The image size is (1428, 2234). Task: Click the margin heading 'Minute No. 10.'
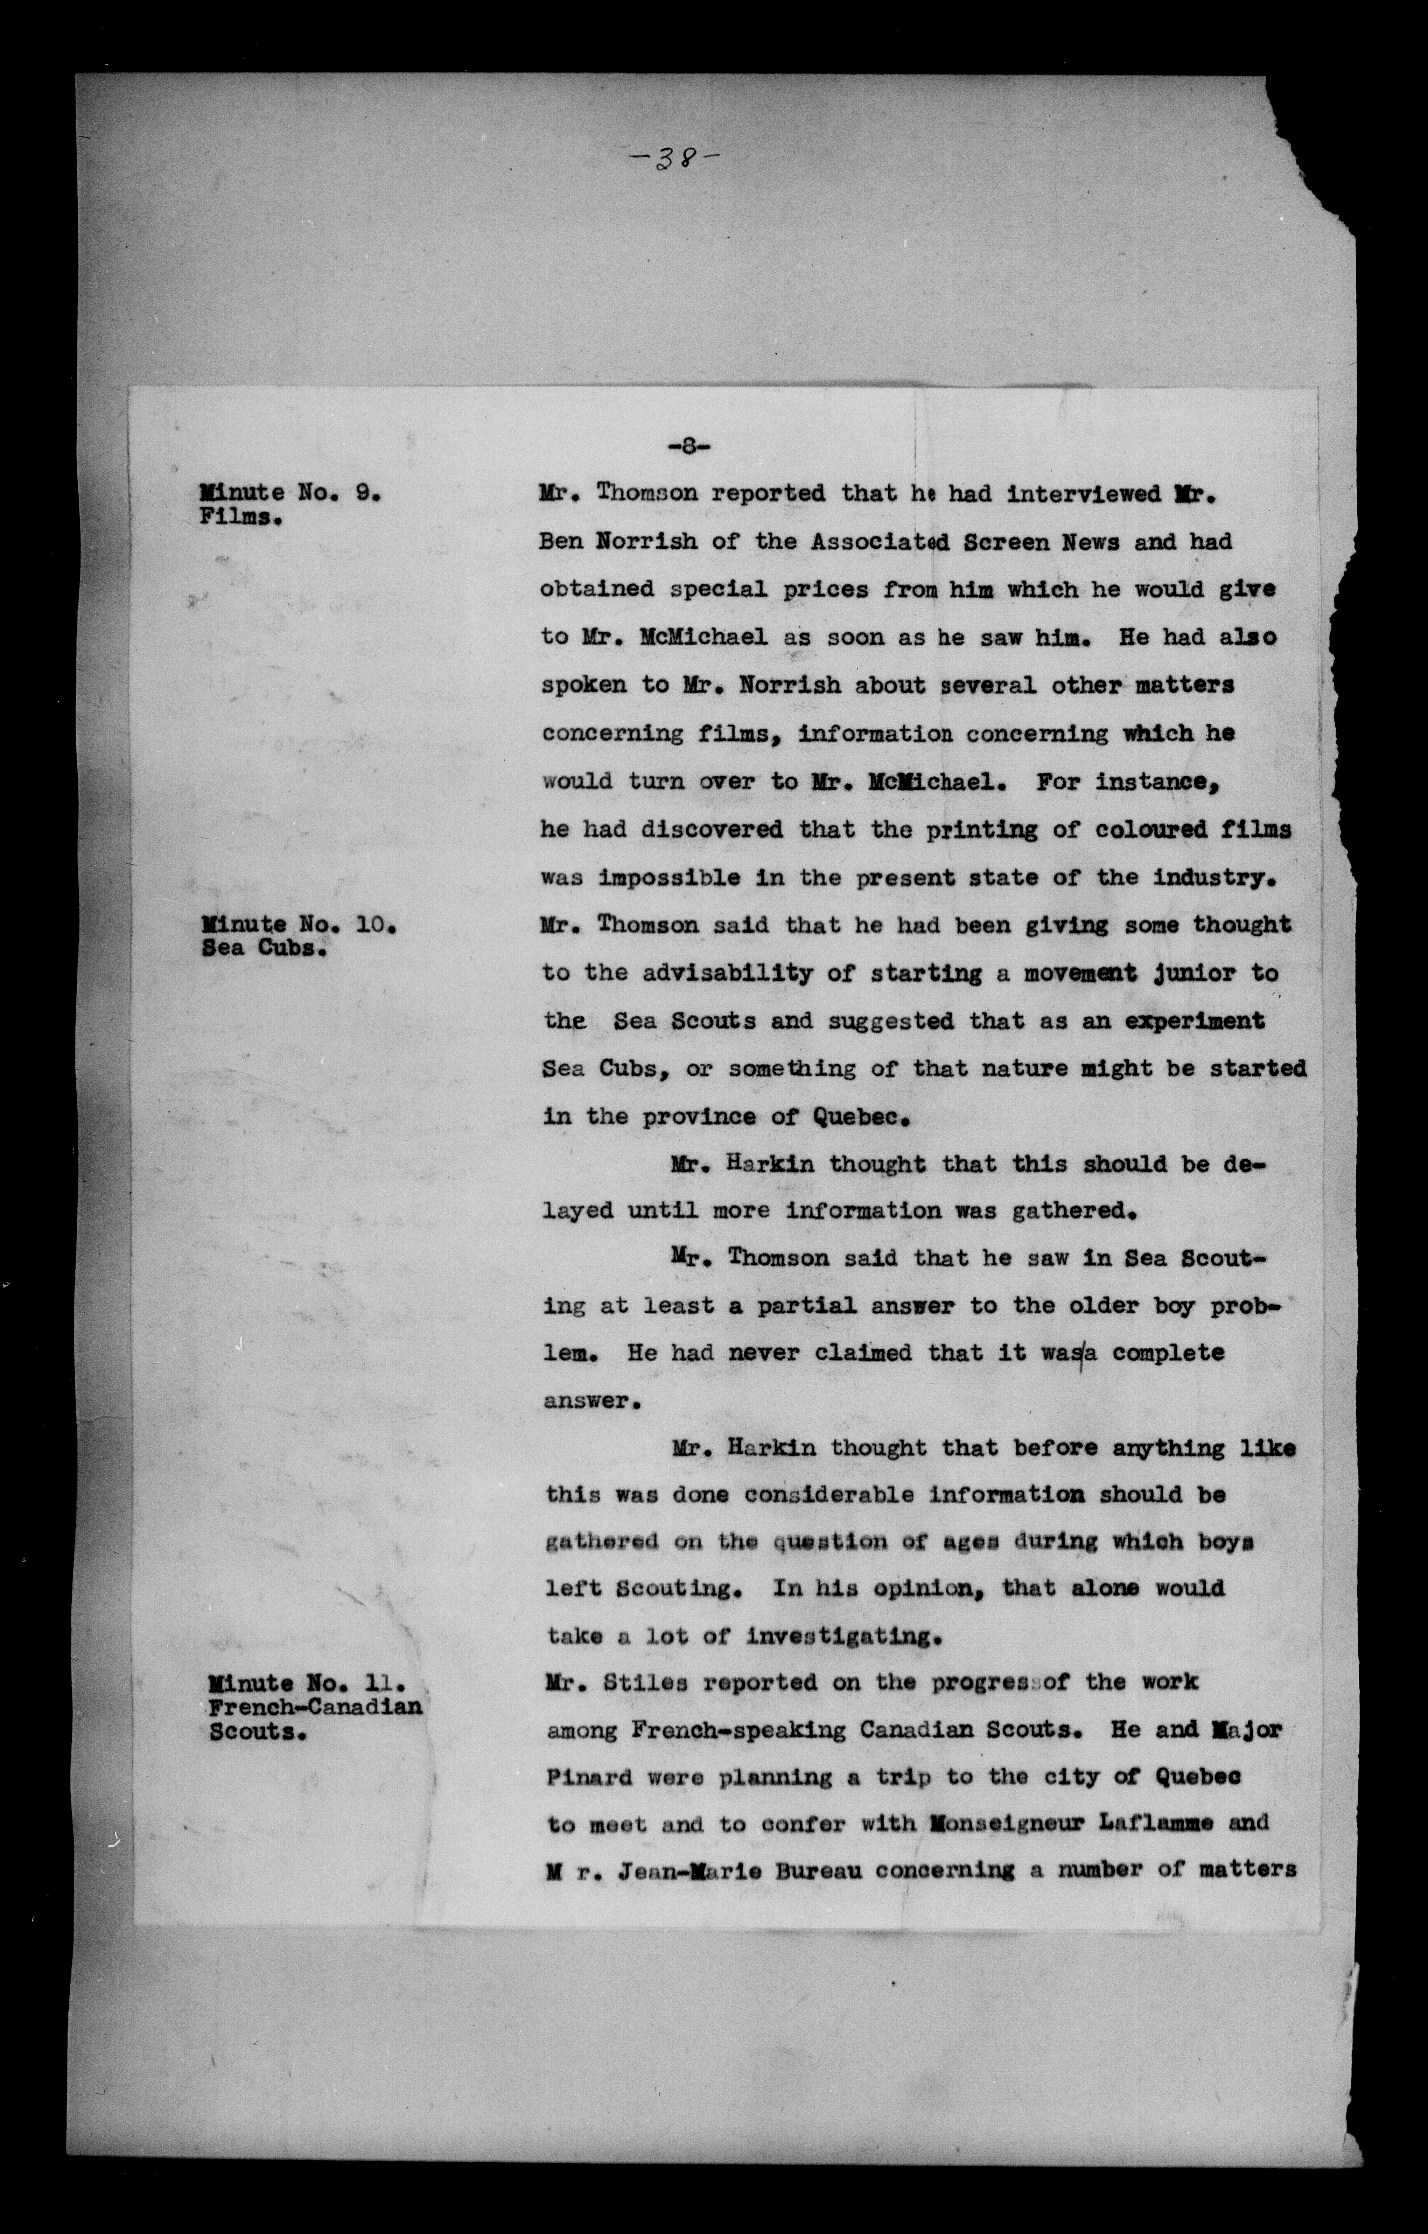click(x=299, y=924)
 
